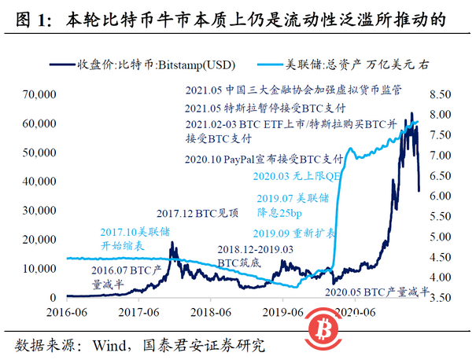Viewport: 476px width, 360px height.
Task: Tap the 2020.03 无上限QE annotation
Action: [298, 178]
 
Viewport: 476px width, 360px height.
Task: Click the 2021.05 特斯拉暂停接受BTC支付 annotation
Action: [268, 108]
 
